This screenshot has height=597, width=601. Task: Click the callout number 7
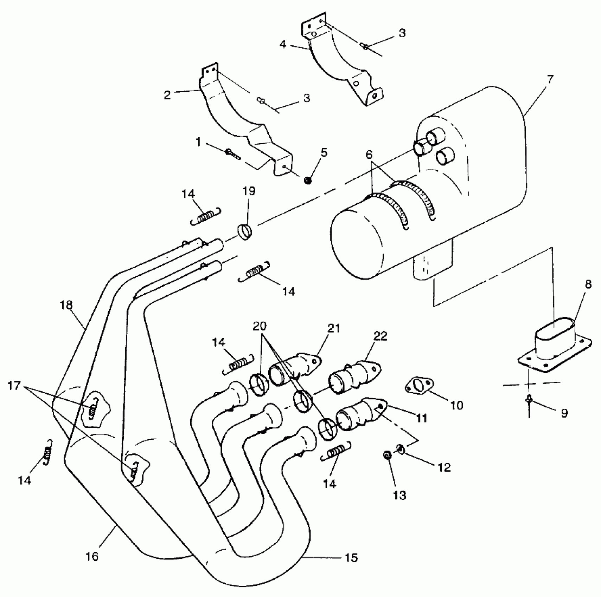tap(550, 79)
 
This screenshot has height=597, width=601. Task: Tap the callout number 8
tap(588, 284)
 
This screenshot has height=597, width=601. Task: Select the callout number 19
tap(249, 191)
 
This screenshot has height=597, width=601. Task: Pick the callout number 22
tap(380, 336)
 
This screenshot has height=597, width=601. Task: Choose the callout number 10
tap(457, 405)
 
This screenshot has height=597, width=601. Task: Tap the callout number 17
tap(14, 386)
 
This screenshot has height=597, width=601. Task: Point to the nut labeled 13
tap(387, 455)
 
